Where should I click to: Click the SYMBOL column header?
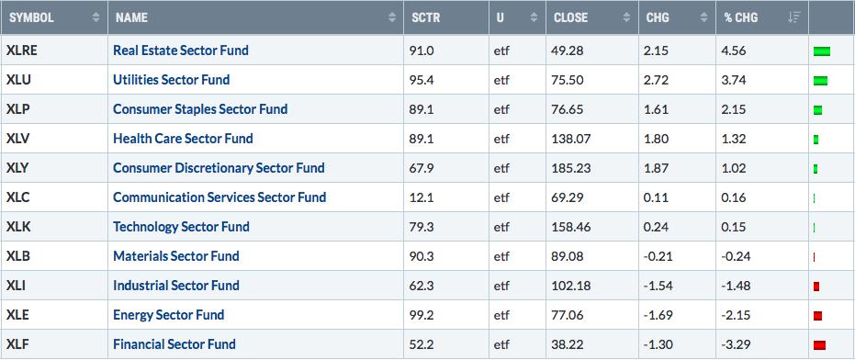(x=31, y=17)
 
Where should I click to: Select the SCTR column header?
(x=425, y=17)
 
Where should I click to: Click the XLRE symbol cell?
(x=21, y=51)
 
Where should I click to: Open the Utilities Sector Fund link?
(x=171, y=80)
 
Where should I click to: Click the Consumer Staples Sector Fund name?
(x=200, y=109)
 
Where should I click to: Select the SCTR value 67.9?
(x=421, y=169)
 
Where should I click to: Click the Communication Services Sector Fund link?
(x=219, y=197)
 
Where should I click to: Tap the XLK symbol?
(x=18, y=227)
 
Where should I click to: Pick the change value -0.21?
(x=657, y=256)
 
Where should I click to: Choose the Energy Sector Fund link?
(x=168, y=315)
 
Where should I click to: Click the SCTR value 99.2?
(x=421, y=315)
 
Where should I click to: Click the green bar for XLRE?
(x=822, y=51)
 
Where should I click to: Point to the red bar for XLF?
(x=819, y=345)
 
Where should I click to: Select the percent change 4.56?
(x=735, y=51)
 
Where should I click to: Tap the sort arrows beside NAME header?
(x=391, y=17)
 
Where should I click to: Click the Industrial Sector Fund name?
(x=176, y=286)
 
